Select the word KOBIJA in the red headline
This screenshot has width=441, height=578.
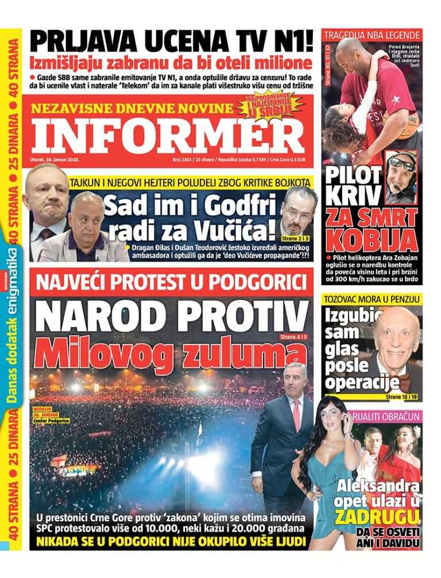tap(369, 236)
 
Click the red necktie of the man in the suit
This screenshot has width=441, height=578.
tap(296, 414)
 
